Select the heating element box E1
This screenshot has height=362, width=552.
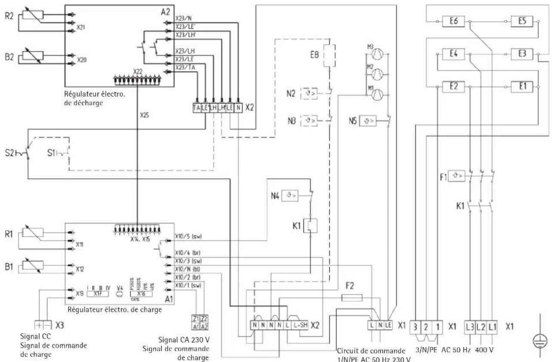(x=521, y=86)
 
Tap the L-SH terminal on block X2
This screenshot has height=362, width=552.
(x=295, y=325)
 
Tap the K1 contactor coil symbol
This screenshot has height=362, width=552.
(x=310, y=225)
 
